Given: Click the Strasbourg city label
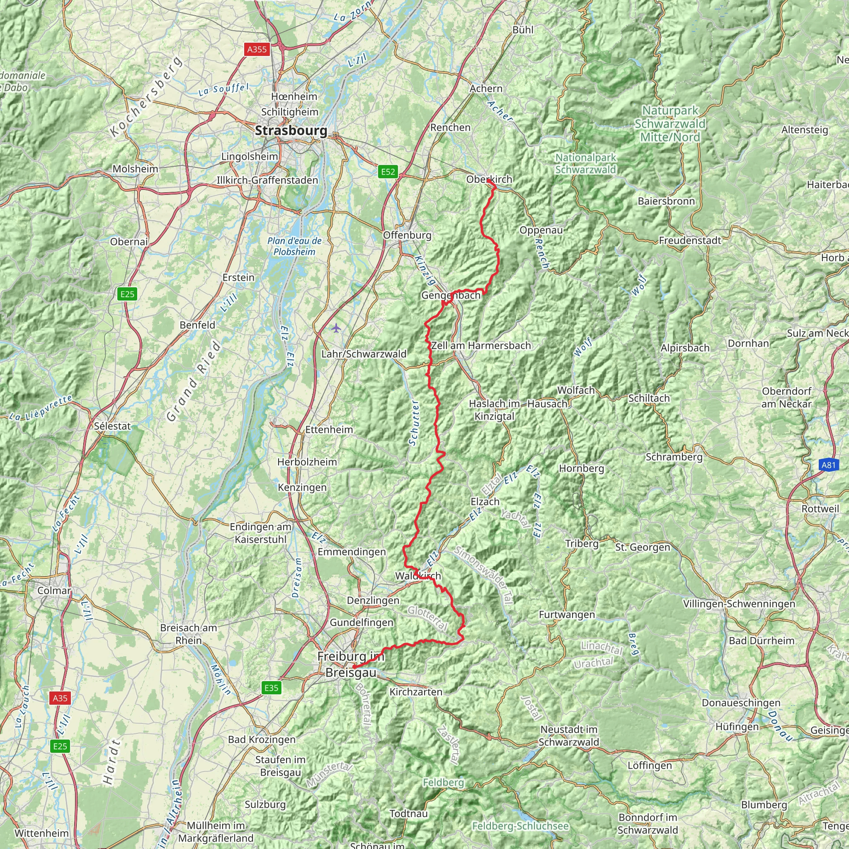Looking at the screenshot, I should coord(291,131).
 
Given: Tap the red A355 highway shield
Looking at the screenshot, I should coord(257,49).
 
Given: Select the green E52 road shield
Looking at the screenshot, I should coord(388,171).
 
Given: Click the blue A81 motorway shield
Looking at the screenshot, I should coord(828,465).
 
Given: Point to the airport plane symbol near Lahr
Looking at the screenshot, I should coord(336,327).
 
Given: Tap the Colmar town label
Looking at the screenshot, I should coord(54,590).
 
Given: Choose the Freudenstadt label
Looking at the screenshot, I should coord(690,240).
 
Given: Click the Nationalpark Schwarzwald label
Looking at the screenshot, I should coord(585,163).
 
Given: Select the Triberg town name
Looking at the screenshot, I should coord(582,543).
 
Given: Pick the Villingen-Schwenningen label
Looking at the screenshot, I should coord(739,603).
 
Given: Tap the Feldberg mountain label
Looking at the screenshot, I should coord(444,782).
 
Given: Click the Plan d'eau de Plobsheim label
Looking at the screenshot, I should coord(294,246).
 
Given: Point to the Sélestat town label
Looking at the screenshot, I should coord(112,426).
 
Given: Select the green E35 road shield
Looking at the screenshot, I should coord(272,688).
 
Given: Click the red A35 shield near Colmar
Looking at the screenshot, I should coord(60,698).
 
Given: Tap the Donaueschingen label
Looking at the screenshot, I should coord(741,703).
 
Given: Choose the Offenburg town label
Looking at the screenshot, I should coord(408,235).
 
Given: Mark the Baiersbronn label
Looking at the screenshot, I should coord(666,201).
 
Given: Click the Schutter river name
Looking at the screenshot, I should coord(414,423).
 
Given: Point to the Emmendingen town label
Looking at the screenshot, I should coord(352,551).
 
